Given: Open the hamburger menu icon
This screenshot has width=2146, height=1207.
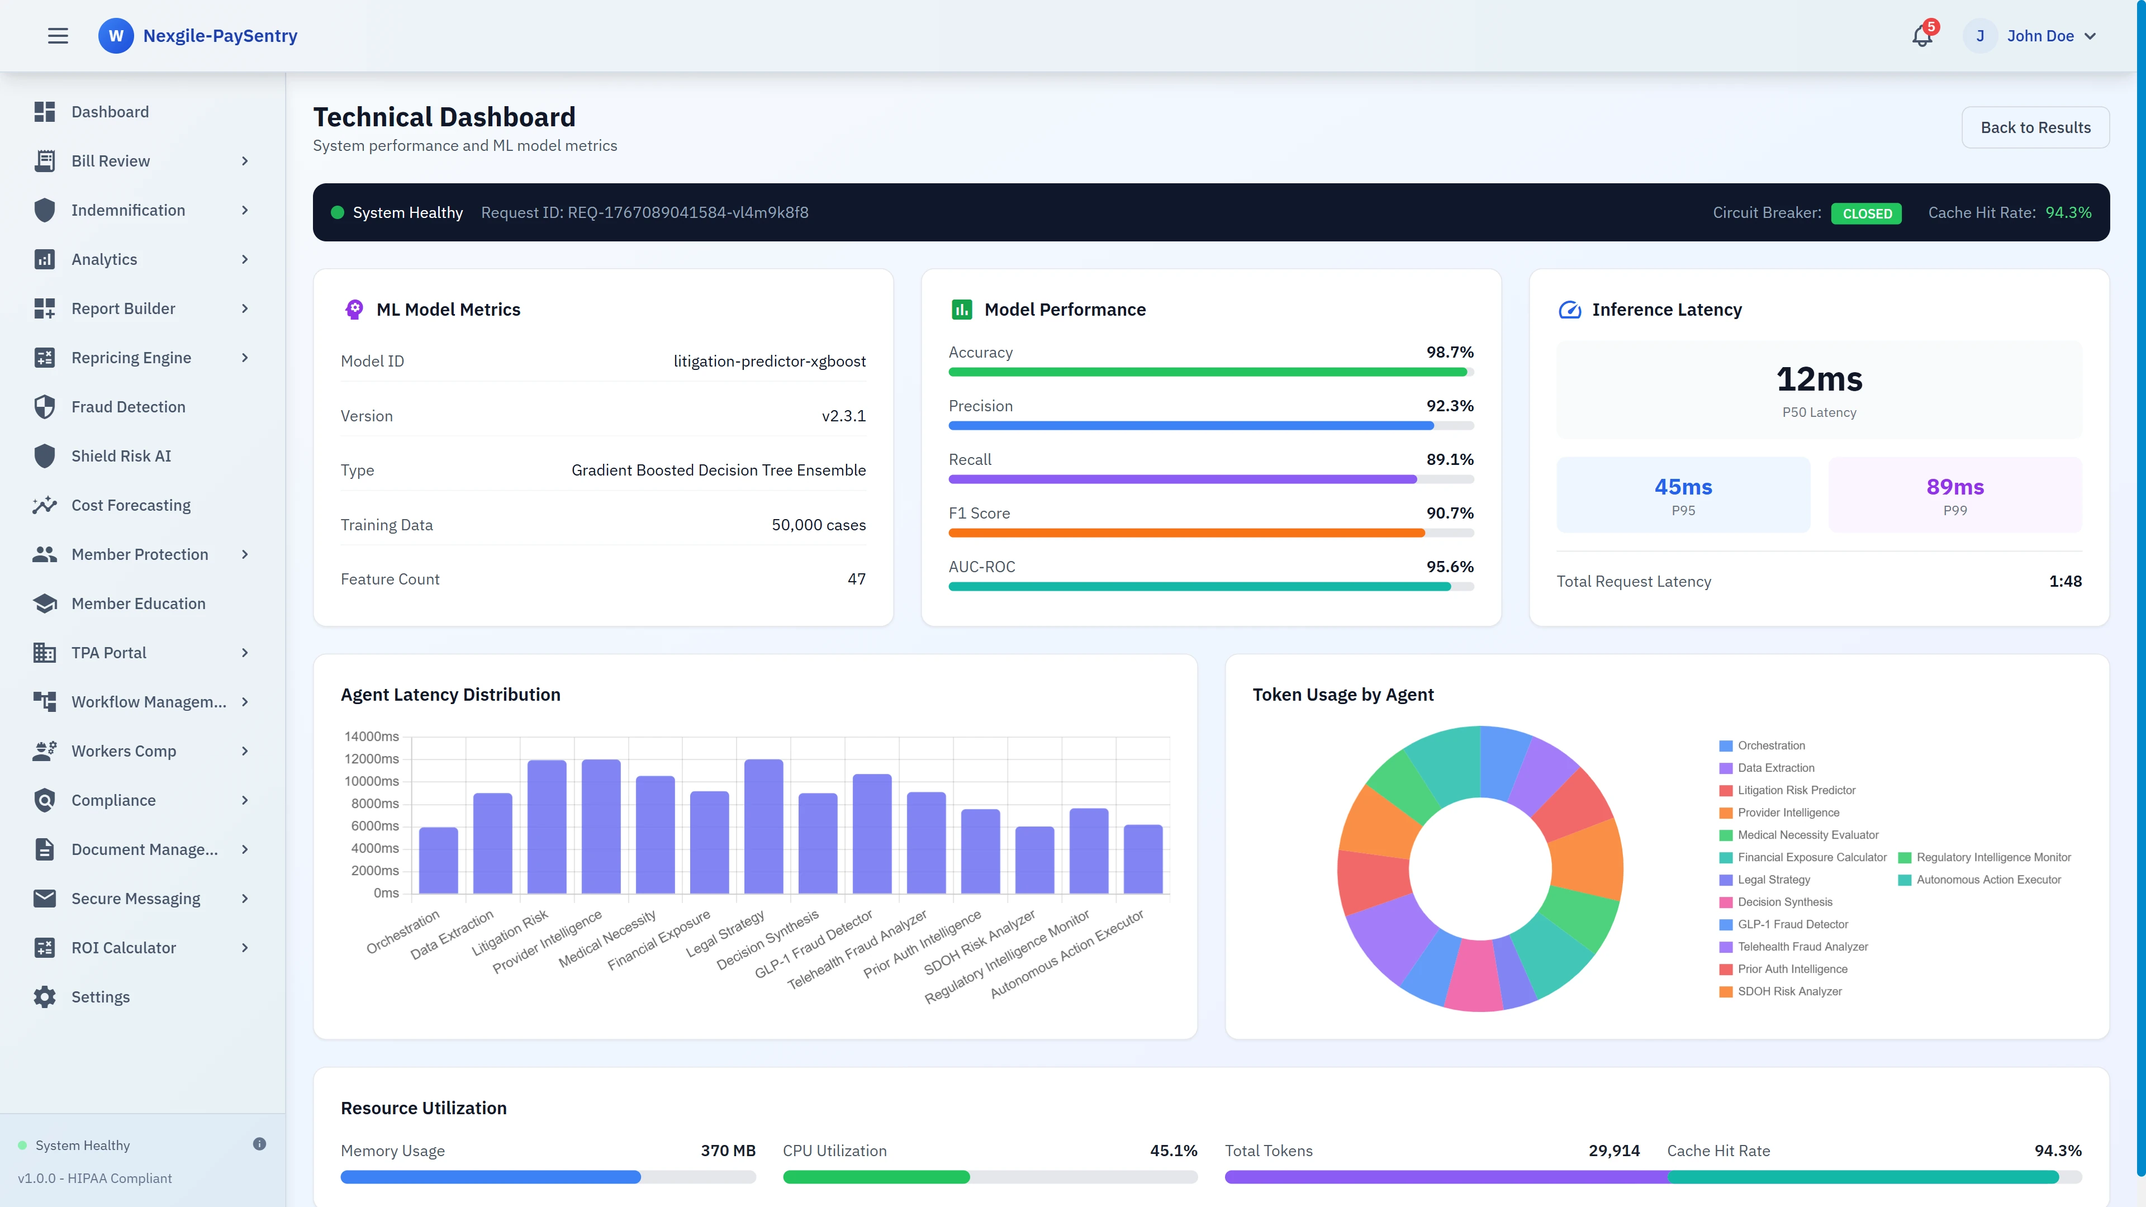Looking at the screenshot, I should [x=58, y=36].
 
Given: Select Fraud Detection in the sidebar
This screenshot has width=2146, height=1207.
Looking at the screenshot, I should [x=129, y=406].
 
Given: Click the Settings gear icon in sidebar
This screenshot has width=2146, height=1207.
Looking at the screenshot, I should [x=45, y=997].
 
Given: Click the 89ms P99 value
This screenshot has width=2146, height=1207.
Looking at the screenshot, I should [x=1954, y=487].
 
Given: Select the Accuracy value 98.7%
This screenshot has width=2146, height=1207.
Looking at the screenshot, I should [x=1450, y=353].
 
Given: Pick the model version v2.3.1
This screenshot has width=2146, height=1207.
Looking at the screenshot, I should [x=843, y=416].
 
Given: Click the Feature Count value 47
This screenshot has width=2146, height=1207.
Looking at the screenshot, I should [x=856, y=579].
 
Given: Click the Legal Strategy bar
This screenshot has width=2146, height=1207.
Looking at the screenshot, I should [x=763, y=826].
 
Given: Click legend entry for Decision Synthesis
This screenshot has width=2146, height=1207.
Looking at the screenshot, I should [x=1784, y=902].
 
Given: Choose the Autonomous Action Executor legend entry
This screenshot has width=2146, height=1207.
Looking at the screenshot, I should [x=1988, y=880].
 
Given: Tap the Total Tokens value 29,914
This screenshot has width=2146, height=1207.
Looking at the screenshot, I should [x=1613, y=1151].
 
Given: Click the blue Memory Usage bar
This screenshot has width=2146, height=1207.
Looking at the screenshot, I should [x=491, y=1177].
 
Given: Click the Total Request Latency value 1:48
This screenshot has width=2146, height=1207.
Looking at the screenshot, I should [x=2064, y=581].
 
